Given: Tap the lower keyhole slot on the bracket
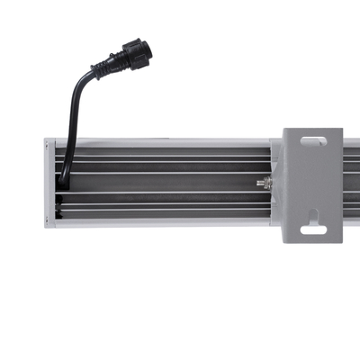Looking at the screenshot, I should click(312, 226).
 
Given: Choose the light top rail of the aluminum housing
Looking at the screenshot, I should click(162, 142).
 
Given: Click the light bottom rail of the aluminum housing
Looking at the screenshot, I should click(162, 222).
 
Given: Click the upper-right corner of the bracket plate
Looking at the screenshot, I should click(340, 130).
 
